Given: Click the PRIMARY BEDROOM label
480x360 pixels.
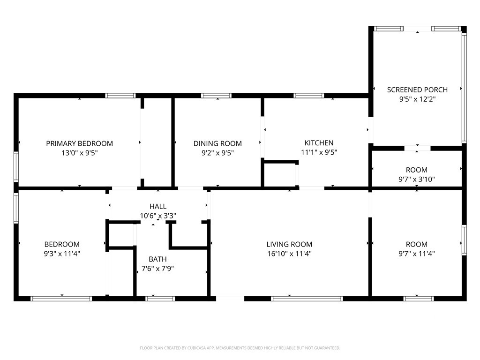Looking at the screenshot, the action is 79,143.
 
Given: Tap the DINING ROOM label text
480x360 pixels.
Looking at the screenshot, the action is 217,143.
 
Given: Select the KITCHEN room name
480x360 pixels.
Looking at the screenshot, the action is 319,143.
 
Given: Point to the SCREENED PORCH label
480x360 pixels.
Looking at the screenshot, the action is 417,90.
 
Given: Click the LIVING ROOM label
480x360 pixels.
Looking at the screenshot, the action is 289,244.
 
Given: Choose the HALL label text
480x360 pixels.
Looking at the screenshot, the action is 158,206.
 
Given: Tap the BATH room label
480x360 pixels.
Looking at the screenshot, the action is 157,259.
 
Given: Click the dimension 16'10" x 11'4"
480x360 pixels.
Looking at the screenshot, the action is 289,254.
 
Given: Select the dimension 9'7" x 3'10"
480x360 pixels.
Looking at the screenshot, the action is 417,180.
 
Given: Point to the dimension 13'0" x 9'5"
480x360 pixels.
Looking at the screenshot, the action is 80,153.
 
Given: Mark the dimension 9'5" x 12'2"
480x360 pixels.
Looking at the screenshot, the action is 417,99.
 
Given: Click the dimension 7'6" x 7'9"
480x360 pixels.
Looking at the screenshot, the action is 157,269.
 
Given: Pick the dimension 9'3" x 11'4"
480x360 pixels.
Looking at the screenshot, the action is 62,254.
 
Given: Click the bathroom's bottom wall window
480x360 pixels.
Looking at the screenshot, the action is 160,299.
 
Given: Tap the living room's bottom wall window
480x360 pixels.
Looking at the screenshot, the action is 307,299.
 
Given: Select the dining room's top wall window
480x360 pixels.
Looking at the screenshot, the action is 216,96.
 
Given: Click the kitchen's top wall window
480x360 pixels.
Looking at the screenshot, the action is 308,96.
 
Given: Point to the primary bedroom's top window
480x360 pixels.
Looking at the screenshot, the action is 120,96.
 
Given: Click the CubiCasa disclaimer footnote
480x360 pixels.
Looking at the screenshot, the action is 240,348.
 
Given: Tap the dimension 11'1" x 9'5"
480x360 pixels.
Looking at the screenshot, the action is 319,152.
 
